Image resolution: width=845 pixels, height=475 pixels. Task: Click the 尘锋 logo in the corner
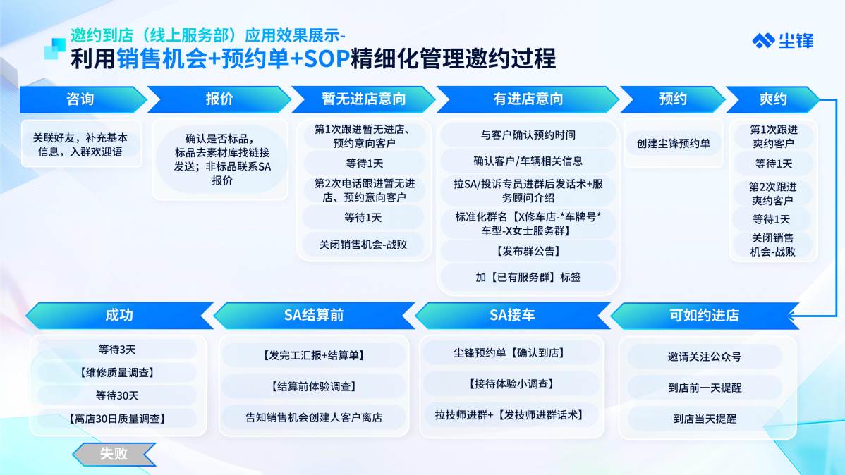click(x=782, y=41)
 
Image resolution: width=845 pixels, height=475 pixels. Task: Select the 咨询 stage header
click(x=80, y=99)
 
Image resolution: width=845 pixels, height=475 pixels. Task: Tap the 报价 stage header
click(x=219, y=99)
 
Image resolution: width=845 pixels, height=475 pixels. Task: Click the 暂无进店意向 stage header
click(x=363, y=99)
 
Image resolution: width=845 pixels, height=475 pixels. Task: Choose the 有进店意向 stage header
click(x=528, y=99)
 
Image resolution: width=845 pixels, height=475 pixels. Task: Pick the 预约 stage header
click(x=672, y=99)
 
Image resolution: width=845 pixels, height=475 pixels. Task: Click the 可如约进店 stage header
click(x=704, y=316)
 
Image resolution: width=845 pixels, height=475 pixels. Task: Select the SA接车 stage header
click(x=512, y=316)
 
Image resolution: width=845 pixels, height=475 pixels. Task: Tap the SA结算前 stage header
click(x=314, y=316)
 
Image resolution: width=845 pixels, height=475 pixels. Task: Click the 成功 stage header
click(x=118, y=316)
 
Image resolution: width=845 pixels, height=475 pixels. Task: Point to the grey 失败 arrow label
click(x=114, y=454)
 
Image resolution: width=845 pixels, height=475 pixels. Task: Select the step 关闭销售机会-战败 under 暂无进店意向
click(x=363, y=244)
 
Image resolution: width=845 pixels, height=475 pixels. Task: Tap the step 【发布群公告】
click(x=528, y=251)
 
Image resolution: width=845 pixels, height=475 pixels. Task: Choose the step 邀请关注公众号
click(x=705, y=357)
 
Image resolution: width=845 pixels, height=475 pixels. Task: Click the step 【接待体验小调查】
click(x=512, y=384)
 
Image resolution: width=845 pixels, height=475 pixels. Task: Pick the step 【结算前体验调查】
click(x=314, y=386)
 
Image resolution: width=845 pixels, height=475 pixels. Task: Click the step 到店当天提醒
click(x=705, y=419)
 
